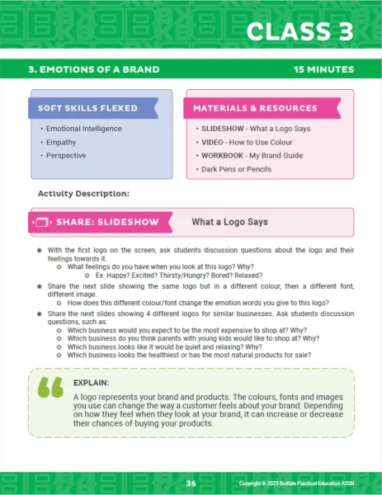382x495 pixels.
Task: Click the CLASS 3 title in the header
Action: [x=301, y=32]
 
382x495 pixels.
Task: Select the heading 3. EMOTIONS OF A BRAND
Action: [x=93, y=69]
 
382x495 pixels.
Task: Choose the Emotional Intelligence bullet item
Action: [x=83, y=129]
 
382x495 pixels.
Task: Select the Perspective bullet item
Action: [x=66, y=155]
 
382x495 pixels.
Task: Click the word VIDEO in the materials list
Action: [x=211, y=142]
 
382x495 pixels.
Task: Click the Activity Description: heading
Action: [x=83, y=194]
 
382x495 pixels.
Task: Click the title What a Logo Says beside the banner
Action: [x=229, y=222]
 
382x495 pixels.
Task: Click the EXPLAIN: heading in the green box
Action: [x=89, y=384]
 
